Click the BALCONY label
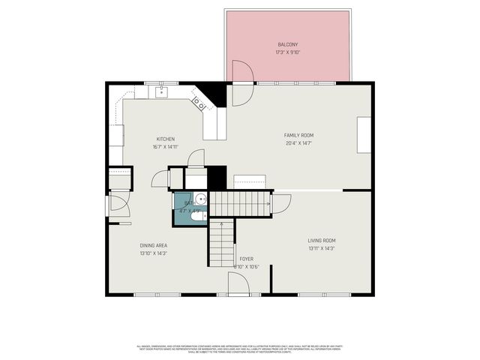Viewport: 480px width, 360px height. coord(287,44)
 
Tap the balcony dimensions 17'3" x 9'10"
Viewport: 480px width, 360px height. coord(287,52)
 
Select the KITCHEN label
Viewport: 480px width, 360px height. coord(165,139)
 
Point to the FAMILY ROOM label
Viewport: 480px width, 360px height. coord(298,135)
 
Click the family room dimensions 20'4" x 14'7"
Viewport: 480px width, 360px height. coord(298,143)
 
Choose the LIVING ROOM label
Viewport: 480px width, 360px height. coord(321,241)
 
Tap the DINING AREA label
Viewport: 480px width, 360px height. coord(153,245)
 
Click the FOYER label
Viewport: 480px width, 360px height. coord(246,259)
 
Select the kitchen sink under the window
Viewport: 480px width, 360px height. coord(161,92)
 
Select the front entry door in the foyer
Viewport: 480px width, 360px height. coord(239,283)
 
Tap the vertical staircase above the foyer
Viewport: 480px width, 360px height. coord(221,244)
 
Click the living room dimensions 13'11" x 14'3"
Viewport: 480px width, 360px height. coord(321,249)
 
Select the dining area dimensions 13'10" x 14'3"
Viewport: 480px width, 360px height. coord(153,253)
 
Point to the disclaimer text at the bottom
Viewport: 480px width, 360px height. coord(239,348)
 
